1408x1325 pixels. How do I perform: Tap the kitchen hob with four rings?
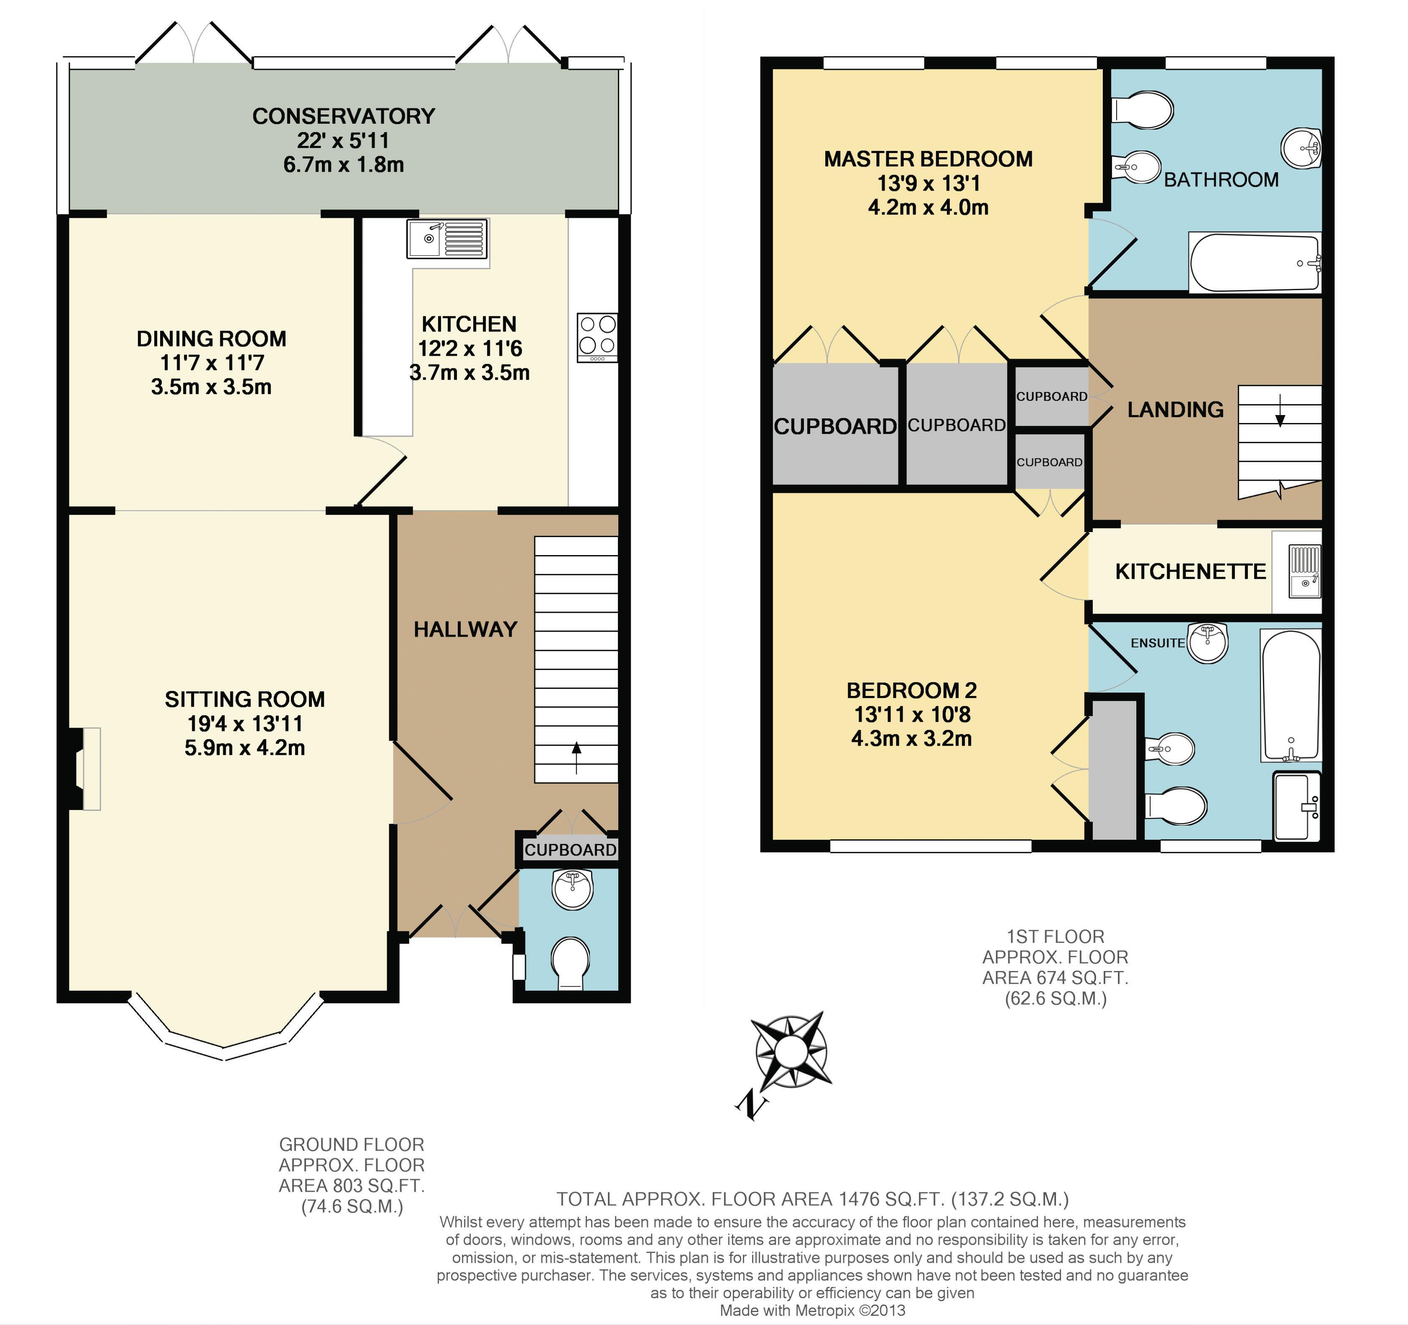pos(597,338)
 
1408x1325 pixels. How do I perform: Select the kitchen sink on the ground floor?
pos(448,239)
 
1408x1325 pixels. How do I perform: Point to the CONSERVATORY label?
pos(344,116)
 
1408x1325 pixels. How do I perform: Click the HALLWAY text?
pos(465,629)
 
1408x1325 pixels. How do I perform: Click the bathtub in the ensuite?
pos(1291,696)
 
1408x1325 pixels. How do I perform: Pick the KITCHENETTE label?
pos(1191,571)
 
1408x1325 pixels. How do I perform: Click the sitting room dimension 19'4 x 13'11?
pos(245,724)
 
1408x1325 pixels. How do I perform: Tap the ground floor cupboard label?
pos(570,850)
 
